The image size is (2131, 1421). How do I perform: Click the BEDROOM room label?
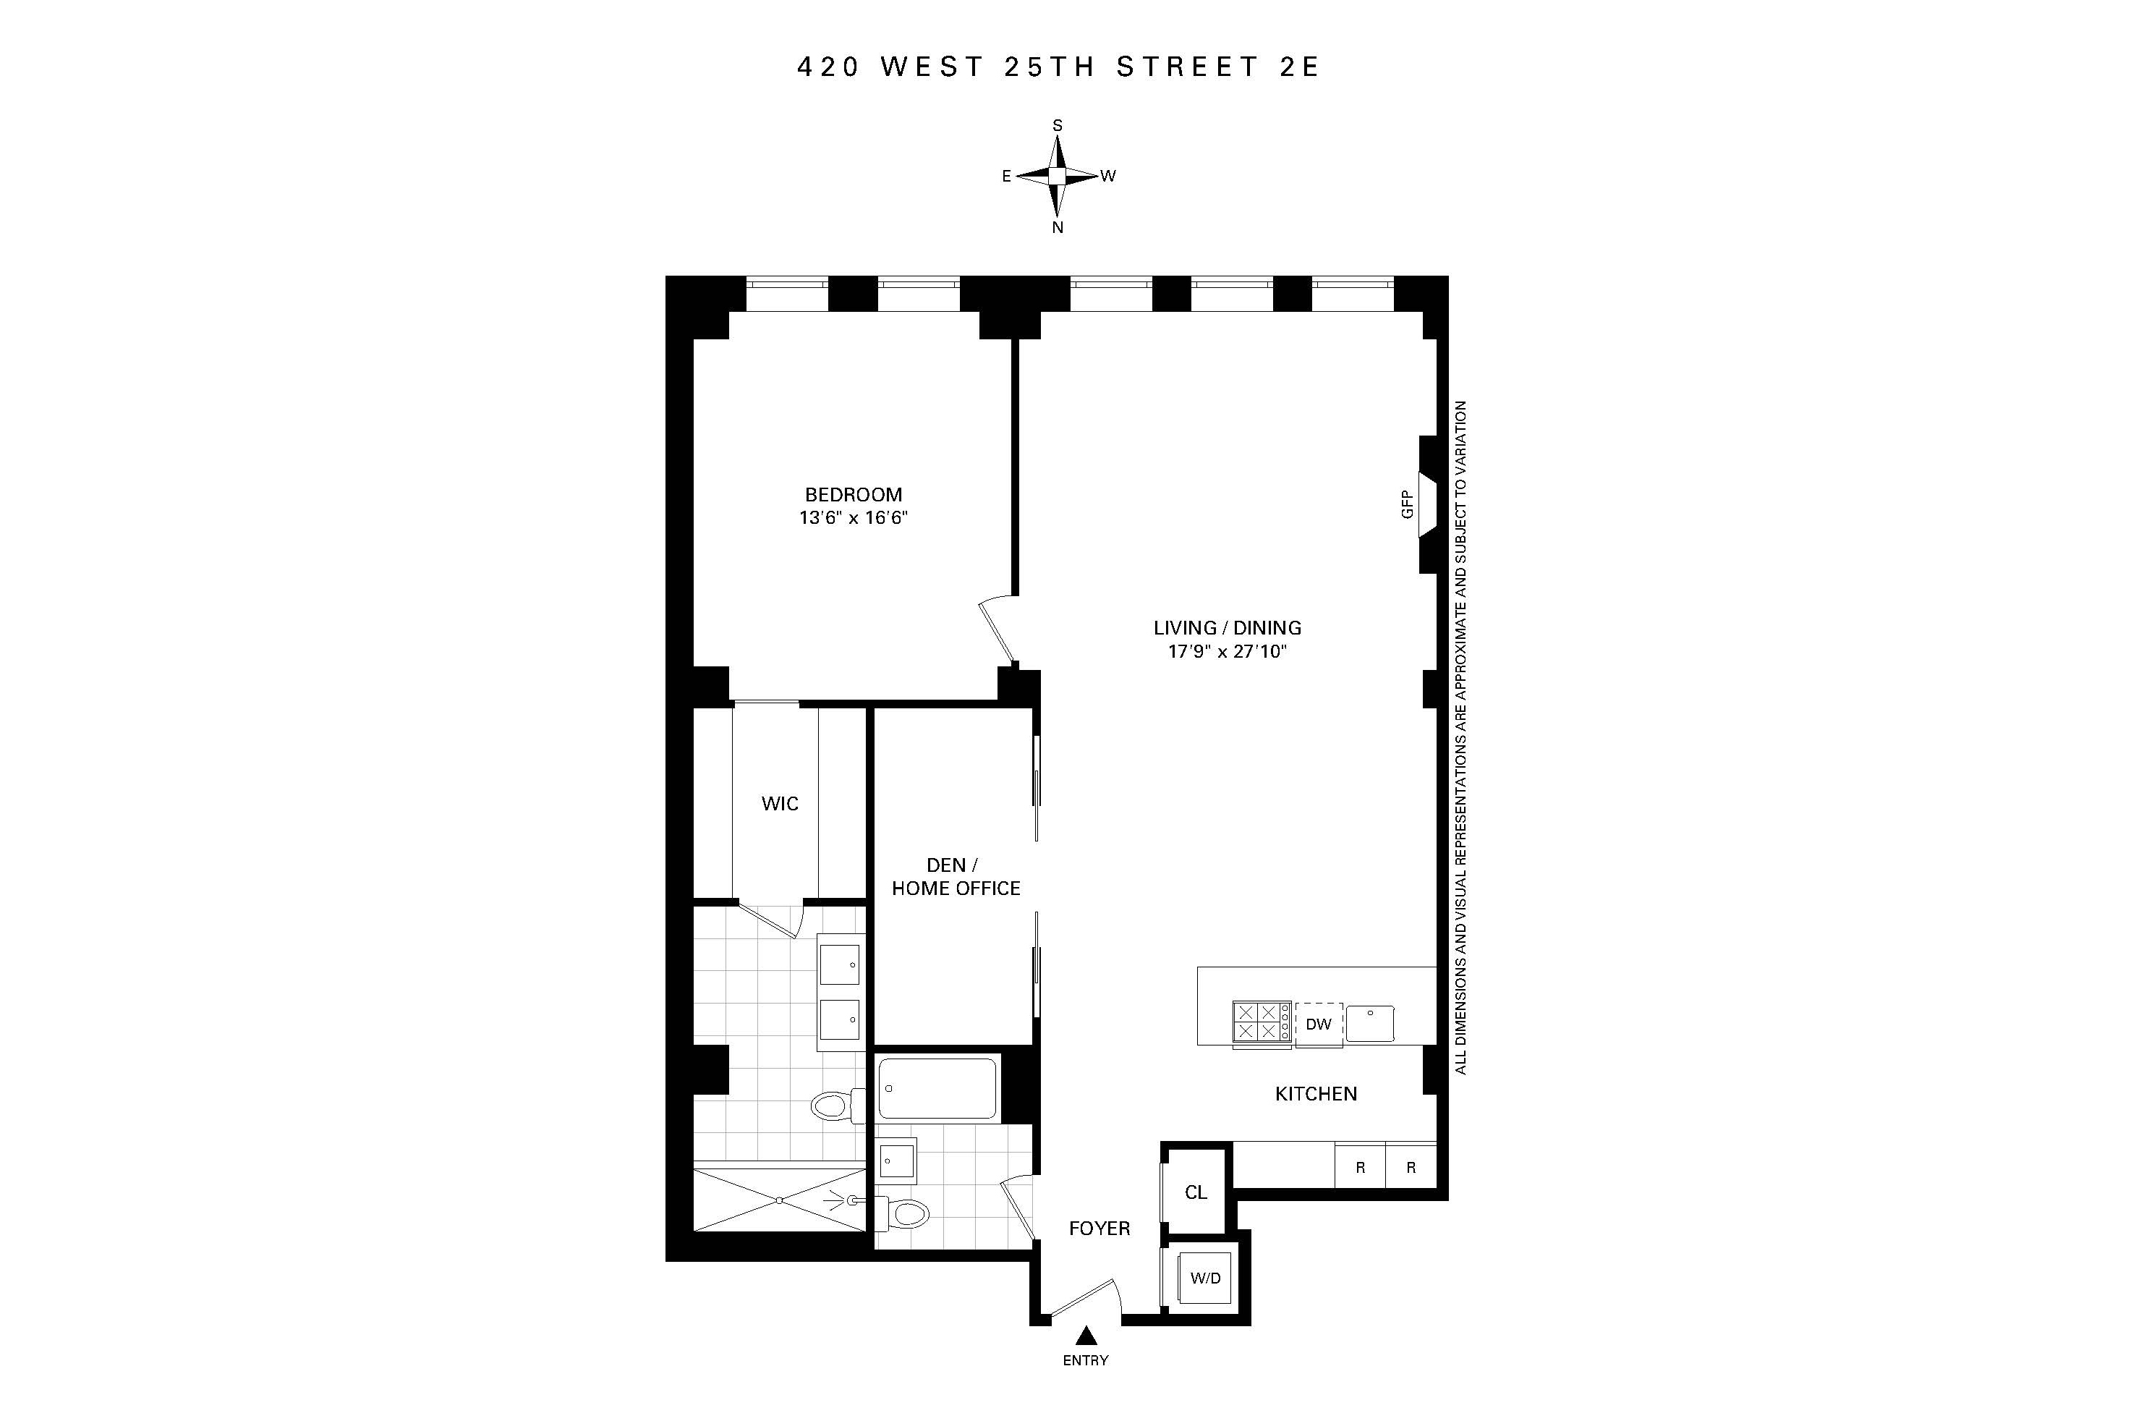(853, 495)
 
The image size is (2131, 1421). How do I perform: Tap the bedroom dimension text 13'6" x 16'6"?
(853, 518)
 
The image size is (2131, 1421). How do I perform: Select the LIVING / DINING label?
(1227, 627)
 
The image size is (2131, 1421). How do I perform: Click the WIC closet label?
(779, 804)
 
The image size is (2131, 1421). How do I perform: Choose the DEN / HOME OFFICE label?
(955, 877)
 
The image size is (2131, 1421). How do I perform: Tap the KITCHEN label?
(1316, 1094)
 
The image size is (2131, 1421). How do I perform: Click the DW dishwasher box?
(1318, 1024)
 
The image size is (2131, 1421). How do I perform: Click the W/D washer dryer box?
(1205, 1278)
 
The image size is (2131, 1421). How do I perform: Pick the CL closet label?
(1195, 1192)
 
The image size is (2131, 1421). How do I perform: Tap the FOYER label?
(1099, 1229)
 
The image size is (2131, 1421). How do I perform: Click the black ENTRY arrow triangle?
(1086, 1336)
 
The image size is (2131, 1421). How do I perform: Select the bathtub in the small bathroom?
(937, 1088)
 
